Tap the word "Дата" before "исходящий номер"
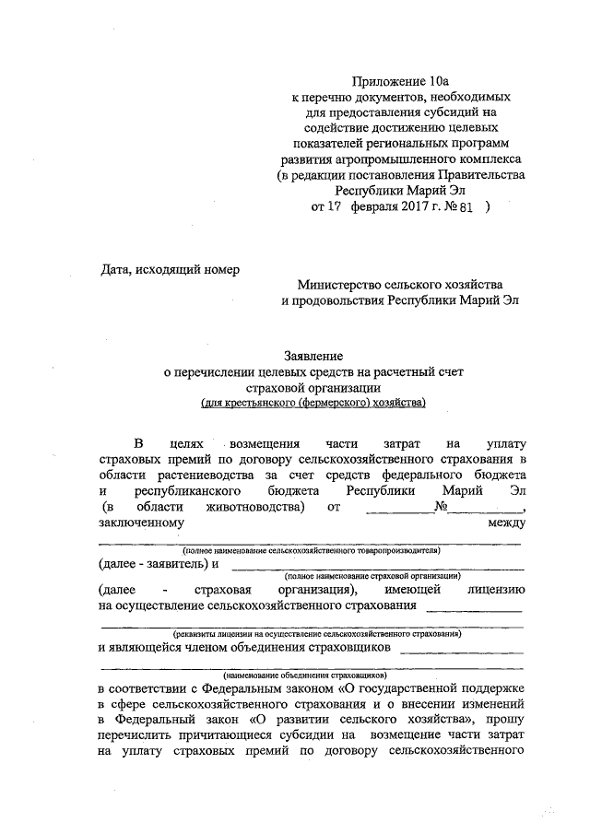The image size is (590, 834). (116, 269)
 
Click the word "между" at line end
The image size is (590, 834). (506, 523)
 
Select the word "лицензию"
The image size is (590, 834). (496, 589)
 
